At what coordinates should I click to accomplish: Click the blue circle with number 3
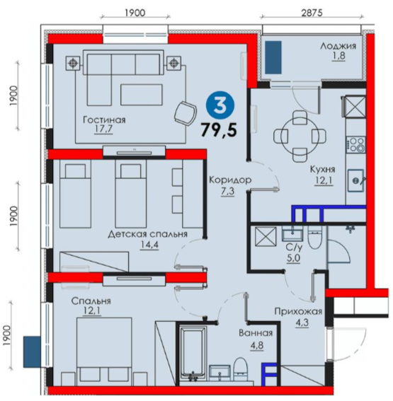pos(220,106)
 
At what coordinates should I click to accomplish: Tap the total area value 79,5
pos(219,130)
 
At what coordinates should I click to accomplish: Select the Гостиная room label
pos(105,120)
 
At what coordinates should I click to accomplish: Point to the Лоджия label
pos(338,46)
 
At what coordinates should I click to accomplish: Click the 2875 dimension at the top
pos(312,12)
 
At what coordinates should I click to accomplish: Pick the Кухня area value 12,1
pos(324,180)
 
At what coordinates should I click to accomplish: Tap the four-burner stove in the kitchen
pos(355,144)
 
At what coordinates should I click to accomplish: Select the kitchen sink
pos(356,180)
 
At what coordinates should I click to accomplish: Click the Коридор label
pos(230,180)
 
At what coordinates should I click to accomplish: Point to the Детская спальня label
pos(147,234)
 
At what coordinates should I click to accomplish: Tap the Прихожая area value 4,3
pos(302,322)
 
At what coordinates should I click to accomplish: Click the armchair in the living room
pos(185,113)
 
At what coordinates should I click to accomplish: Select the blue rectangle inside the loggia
pos(273,57)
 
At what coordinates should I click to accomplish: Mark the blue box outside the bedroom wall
pos(32,352)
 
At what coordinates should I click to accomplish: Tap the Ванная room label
pos(256,333)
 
